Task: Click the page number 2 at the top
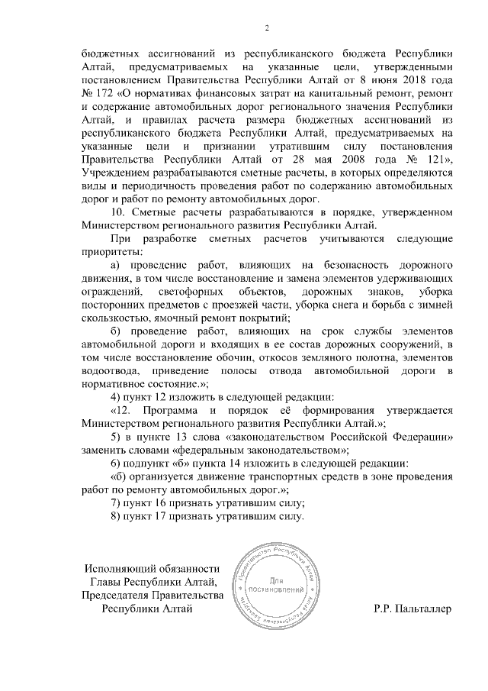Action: pyautogui.click(x=267, y=28)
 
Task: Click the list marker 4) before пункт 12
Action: pyautogui.click(x=117, y=396)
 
